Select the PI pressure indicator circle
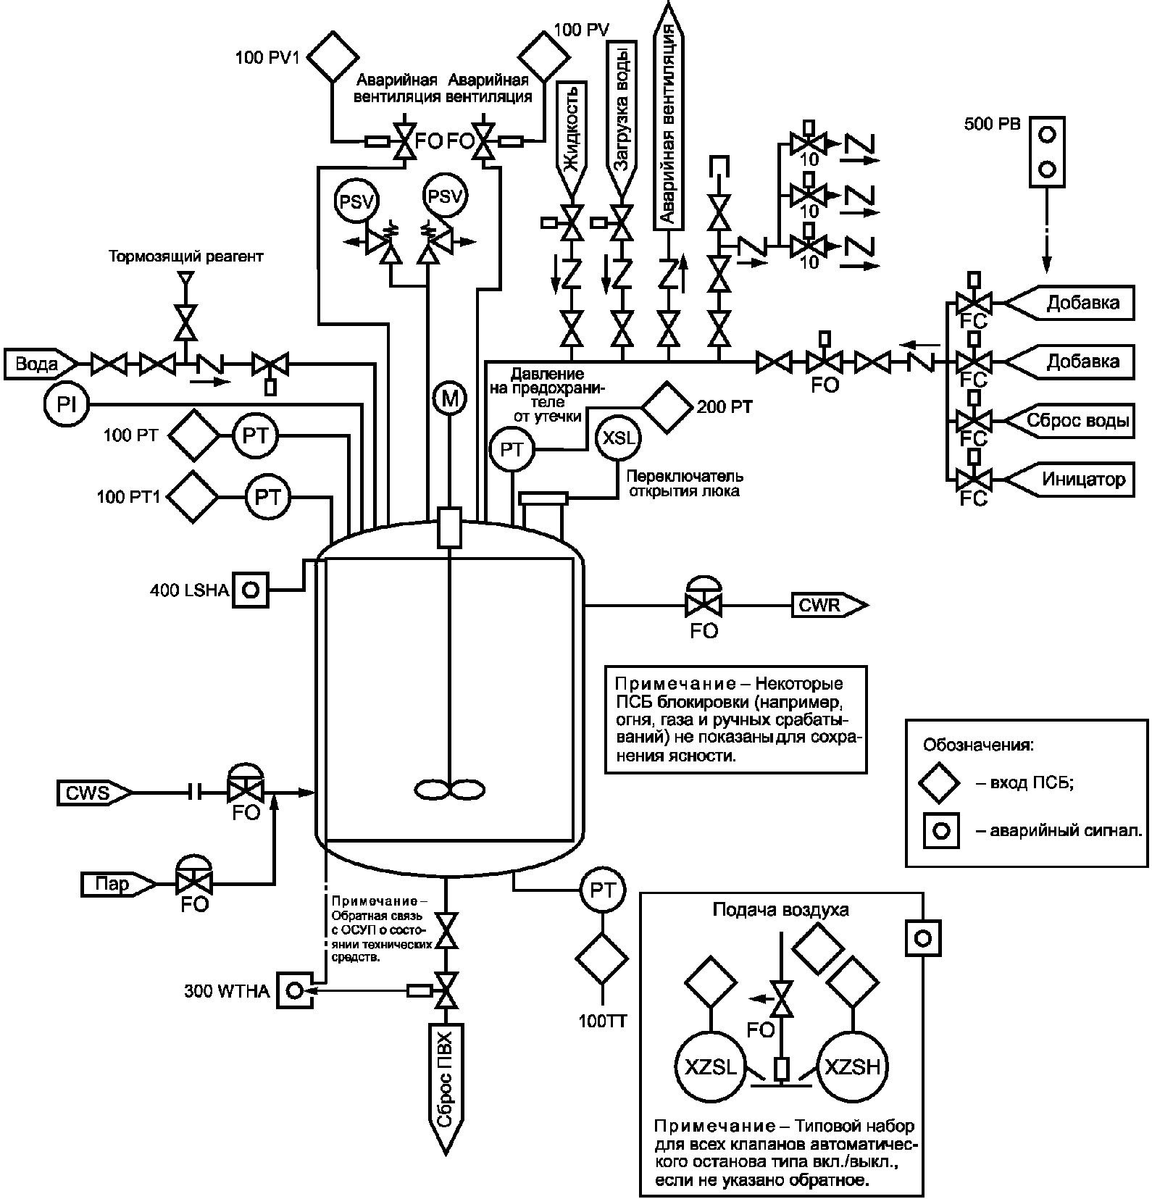66,404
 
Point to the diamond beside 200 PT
666,407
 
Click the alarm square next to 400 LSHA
250,589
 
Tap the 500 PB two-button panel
1048,151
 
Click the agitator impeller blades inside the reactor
450,788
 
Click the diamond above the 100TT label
602,957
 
